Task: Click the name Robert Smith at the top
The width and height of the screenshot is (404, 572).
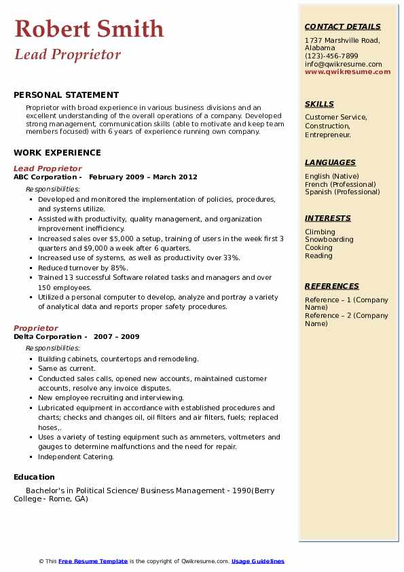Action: pyautogui.click(x=89, y=29)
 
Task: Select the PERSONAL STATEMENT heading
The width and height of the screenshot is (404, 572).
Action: pyautogui.click(x=66, y=95)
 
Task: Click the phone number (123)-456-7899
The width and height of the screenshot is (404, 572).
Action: pyautogui.click(x=331, y=56)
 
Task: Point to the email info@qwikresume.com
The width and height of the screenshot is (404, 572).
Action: pyautogui.click(x=343, y=64)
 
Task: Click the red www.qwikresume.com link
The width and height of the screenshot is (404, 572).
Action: pyautogui.click(x=348, y=71)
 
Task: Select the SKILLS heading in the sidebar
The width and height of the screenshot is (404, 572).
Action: pyautogui.click(x=319, y=104)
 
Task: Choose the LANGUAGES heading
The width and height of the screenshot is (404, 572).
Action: pyautogui.click(x=330, y=162)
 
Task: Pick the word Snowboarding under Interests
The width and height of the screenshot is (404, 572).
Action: pyautogui.click(x=329, y=240)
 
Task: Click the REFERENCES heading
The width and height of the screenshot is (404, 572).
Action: pyautogui.click(x=331, y=286)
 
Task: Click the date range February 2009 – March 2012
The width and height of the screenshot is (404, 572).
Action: pyautogui.click(x=143, y=177)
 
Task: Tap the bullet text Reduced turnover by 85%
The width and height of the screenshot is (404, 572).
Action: pyautogui.click(x=83, y=268)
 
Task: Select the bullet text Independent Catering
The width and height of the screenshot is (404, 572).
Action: pyautogui.click(x=76, y=457)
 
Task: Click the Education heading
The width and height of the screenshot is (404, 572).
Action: pyautogui.click(x=35, y=477)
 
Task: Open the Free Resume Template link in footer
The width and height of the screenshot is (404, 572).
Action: pyautogui.click(x=93, y=561)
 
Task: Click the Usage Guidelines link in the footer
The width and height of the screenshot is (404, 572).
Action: pyautogui.click(x=258, y=561)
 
